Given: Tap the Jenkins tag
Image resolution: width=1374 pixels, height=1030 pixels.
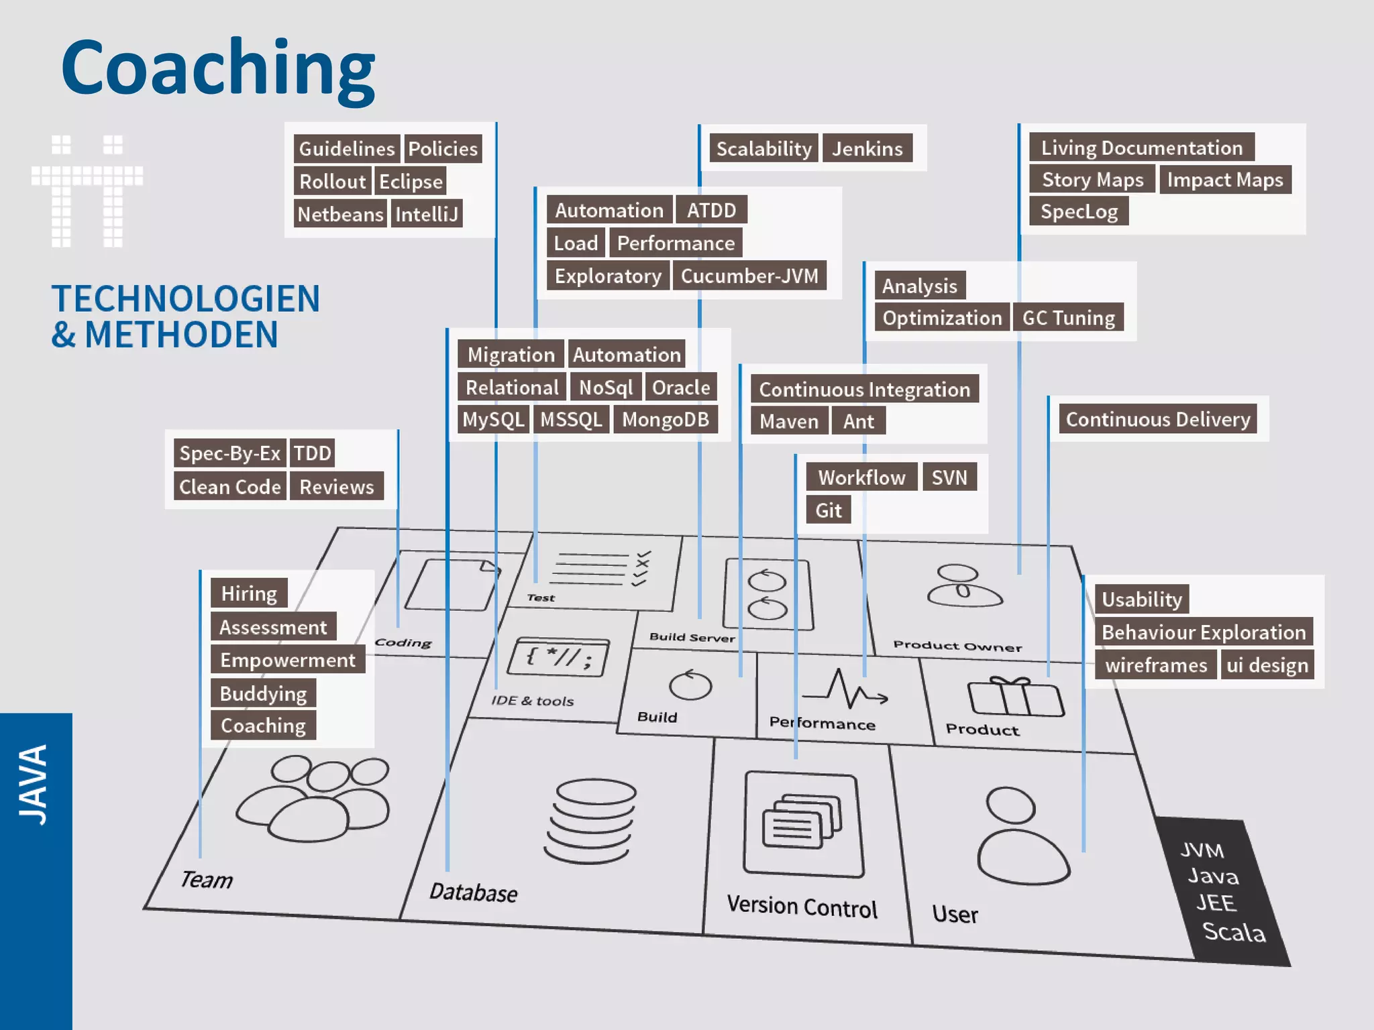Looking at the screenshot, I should coord(867,148).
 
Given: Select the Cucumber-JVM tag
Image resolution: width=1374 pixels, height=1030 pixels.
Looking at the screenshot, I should coord(749,276).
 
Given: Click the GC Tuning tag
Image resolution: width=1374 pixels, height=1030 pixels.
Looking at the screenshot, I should coord(1067,318).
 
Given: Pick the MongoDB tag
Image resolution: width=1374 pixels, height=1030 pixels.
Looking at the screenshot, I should coord(665,420).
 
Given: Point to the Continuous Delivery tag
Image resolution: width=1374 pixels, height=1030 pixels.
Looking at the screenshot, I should coord(1157,420).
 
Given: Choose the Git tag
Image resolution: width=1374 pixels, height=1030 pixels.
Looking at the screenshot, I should coord(828,510).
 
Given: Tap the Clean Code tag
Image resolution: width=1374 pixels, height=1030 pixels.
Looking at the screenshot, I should coord(229,487).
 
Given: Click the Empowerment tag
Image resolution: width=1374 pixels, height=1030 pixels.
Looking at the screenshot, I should coord(287,660).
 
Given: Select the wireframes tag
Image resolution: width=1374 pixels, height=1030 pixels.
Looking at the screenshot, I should coord(1155,665).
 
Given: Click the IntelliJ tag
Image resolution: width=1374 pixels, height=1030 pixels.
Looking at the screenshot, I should coord(427,215).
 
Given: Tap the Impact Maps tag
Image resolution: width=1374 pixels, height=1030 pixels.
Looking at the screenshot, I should coord(1224,180).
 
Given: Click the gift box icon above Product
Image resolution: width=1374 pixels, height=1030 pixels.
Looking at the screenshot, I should coord(1015,697).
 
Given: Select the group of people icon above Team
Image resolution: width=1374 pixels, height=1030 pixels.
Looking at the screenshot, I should coord(313,798).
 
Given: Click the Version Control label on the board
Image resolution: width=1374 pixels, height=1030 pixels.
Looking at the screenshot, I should coord(802,907).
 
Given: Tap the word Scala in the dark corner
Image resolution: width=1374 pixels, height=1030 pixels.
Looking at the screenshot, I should coord(1233,932).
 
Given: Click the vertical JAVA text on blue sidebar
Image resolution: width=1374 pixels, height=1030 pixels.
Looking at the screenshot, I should coord(34,785).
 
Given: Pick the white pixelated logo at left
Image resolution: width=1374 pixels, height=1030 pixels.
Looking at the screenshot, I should coord(87,191).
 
